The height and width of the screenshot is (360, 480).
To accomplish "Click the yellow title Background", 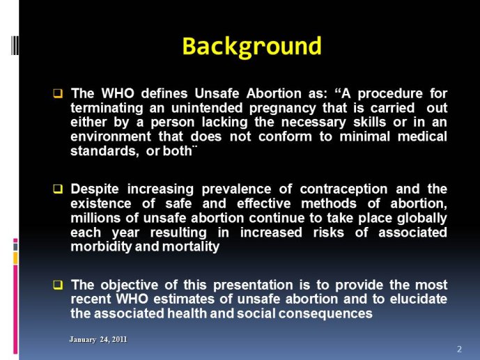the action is pyautogui.click(x=251, y=47).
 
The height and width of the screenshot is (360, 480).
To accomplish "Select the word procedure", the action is pyautogui.click(x=390, y=94).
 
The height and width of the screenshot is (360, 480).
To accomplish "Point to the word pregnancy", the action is pyautogui.click(x=283, y=108).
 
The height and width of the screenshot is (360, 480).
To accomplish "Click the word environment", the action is pyautogui.click(x=111, y=136).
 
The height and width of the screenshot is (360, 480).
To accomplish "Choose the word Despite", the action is pyautogui.click(x=95, y=189).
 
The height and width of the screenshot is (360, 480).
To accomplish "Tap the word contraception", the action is pyautogui.click(x=343, y=189).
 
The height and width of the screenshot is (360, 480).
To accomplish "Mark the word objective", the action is pyautogui.click(x=130, y=285).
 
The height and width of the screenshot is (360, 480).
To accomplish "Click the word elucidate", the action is pyautogui.click(x=419, y=299).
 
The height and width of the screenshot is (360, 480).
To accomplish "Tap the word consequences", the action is pyautogui.click(x=325, y=313).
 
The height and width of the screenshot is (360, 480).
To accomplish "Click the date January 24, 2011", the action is pyautogui.click(x=98, y=340).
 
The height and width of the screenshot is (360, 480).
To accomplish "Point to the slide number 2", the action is pyautogui.click(x=459, y=350).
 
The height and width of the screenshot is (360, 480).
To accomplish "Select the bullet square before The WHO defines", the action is pyautogui.click(x=58, y=93).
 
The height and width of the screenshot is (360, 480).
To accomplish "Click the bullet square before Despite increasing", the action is pyautogui.click(x=58, y=189).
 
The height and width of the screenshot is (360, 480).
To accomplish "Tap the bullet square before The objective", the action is pyautogui.click(x=58, y=285).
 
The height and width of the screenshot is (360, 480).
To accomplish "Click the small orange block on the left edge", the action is pyautogui.click(x=15, y=258).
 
